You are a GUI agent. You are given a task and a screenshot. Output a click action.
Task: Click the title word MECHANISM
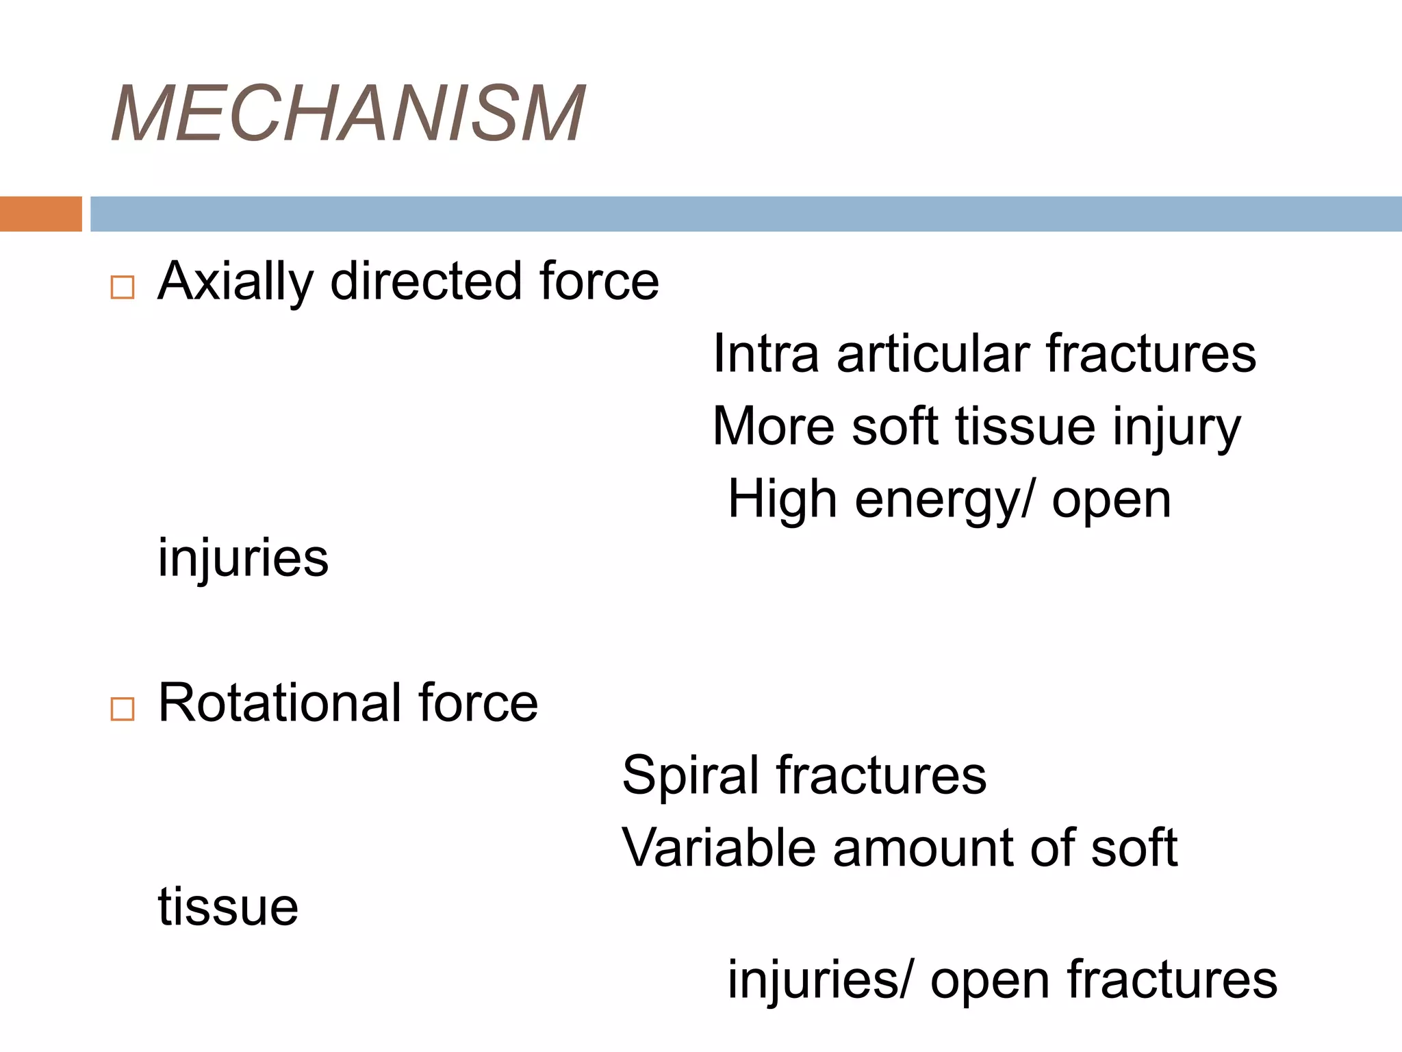(x=348, y=114)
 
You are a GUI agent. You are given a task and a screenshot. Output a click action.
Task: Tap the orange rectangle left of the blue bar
(x=40, y=214)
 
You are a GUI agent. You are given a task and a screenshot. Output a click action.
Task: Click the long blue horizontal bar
(x=745, y=214)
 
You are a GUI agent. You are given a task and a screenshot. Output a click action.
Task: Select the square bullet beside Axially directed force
(x=123, y=287)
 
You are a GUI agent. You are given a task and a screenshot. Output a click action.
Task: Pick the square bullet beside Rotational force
(x=123, y=709)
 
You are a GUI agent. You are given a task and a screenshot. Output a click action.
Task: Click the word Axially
(x=235, y=282)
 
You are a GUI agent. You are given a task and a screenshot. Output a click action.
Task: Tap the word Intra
(x=765, y=353)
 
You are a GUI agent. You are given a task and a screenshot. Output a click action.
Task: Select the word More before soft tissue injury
(x=773, y=426)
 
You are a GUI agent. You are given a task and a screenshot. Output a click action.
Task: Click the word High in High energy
(x=781, y=499)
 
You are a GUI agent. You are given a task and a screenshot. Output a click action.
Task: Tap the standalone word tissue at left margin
(x=228, y=907)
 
